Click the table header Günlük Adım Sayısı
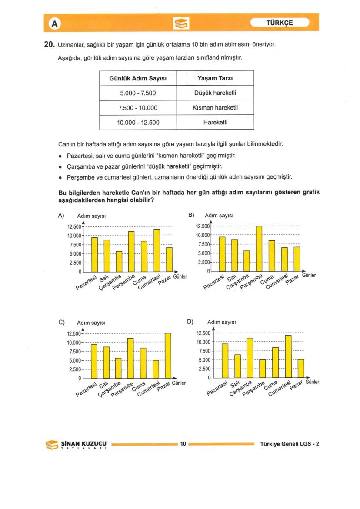tap(137, 79)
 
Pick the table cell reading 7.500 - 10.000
tap(137, 108)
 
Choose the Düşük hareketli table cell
tap(215, 93)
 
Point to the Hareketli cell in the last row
tap(215, 123)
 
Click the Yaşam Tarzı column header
tap(215, 79)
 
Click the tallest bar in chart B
tap(259, 248)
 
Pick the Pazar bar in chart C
tap(168, 356)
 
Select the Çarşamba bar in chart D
tap(250, 358)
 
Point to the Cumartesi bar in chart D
tap(288, 356)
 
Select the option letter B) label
tap(191, 215)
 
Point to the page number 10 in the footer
tap(183, 444)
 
